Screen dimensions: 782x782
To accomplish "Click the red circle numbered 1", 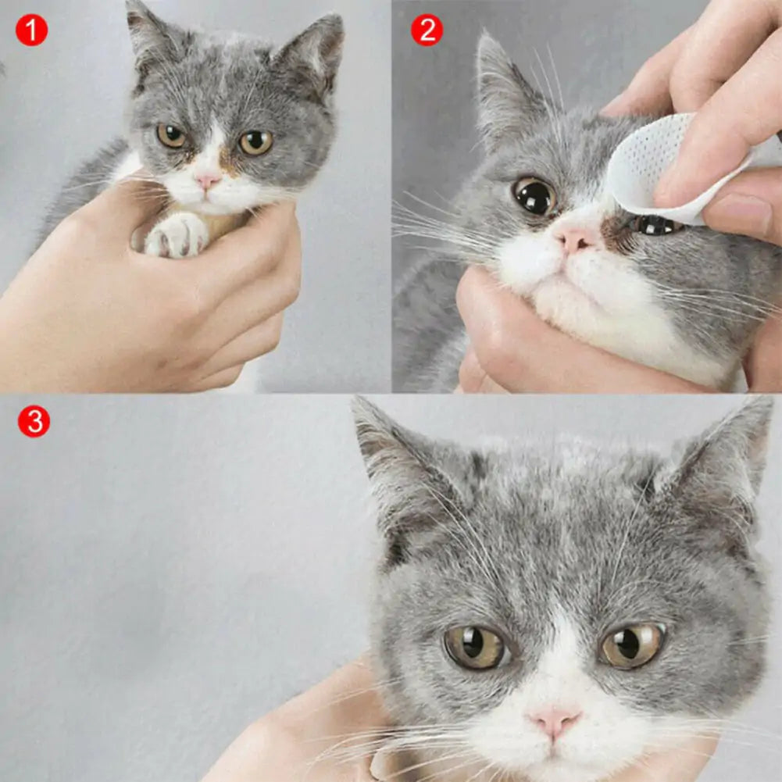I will click(31, 30).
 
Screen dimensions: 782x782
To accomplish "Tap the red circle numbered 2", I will click(427, 30).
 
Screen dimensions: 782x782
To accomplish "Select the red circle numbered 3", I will click(34, 422).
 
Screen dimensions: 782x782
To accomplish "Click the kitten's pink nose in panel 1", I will click(207, 181).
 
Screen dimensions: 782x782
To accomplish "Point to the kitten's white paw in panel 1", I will click(177, 235).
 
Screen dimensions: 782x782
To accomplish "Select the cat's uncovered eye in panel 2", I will click(535, 195).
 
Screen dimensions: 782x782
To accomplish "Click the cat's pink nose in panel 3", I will click(554, 720).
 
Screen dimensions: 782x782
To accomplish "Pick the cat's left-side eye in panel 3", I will click(476, 646).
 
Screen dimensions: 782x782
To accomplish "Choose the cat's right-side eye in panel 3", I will click(631, 645).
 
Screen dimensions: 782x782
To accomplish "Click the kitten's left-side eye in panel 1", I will click(171, 136).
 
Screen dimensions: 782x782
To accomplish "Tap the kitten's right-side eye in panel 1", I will click(255, 142).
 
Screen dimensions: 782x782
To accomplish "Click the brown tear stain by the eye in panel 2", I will click(617, 231).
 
